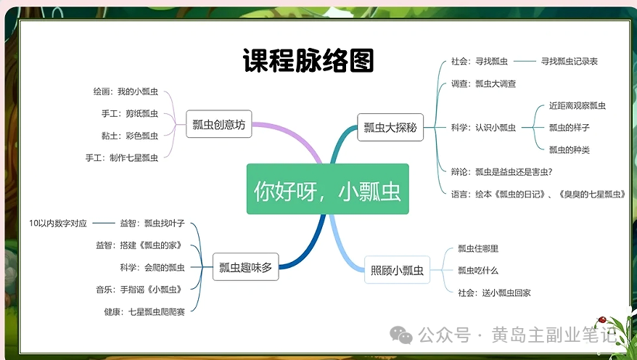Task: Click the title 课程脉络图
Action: coord(308,61)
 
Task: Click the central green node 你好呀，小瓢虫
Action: coord(327,189)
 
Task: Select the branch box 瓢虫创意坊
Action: coord(219,125)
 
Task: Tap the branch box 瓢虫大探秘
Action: coord(390,128)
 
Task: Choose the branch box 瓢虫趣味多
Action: coord(245,267)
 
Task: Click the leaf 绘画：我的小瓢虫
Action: coord(126,94)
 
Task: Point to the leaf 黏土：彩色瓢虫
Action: coord(130,136)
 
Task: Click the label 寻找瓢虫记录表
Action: coord(569,62)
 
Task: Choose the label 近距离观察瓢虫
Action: coord(578,106)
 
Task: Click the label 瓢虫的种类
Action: coord(569,150)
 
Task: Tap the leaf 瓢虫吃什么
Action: coord(478,271)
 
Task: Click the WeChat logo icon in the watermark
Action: coord(402,335)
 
